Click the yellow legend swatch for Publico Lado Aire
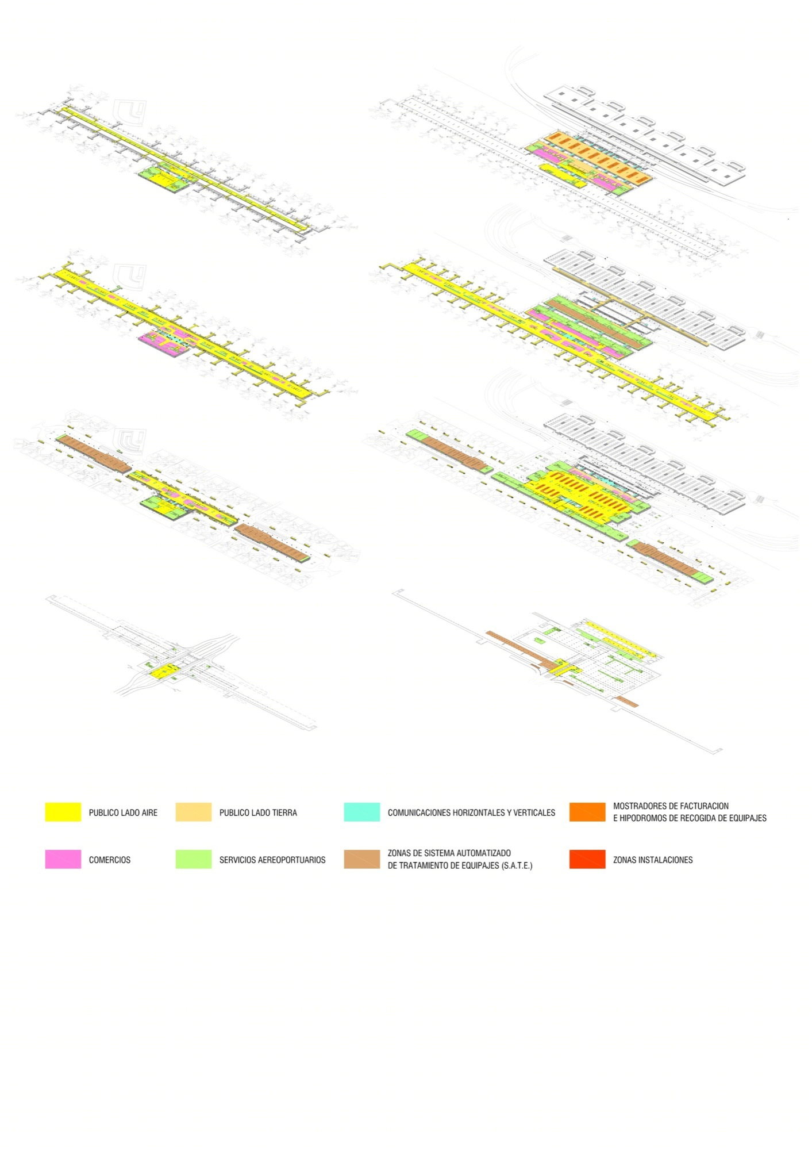(x=63, y=812)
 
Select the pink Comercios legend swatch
(x=63, y=859)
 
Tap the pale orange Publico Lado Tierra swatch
(x=194, y=812)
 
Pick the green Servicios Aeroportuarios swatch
(x=194, y=859)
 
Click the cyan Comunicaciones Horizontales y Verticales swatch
(x=362, y=812)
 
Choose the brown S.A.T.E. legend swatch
(x=362, y=859)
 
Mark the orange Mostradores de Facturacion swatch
(x=587, y=812)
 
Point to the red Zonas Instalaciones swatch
(x=587, y=859)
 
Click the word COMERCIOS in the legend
(x=110, y=860)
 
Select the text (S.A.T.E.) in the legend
(x=517, y=865)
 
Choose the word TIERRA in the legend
(x=283, y=812)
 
